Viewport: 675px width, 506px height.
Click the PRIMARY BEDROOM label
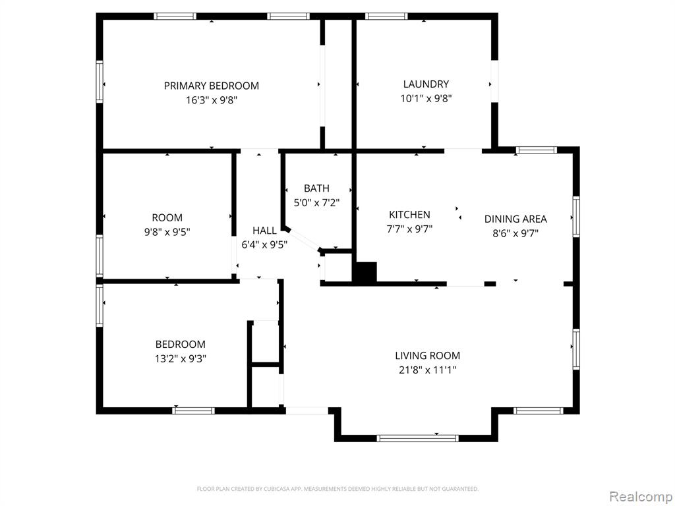click(x=212, y=86)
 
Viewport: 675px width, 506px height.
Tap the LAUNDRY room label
click(x=426, y=84)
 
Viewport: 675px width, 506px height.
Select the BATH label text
click(x=316, y=188)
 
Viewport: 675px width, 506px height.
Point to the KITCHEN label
click(x=409, y=214)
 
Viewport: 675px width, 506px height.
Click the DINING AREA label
click(x=515, y=219)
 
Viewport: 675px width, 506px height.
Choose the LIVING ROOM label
click(x=427, y=355)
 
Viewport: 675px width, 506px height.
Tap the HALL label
click(x=264, y=230)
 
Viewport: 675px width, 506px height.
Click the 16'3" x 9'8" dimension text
click(x=212, y=100)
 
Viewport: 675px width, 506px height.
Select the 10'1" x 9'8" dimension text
click(x=426, y=99)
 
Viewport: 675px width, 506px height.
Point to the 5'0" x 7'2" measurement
click(x=316, y=203)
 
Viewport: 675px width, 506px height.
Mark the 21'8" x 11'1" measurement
click(x=427, y=370)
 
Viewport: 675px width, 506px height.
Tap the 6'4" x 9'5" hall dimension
click(x=264, y=245)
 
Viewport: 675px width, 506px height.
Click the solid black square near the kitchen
click(x=365, y=272)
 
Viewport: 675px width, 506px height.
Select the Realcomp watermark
click(x=640, y=496)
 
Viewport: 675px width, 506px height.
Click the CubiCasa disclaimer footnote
click(x=337, y=489)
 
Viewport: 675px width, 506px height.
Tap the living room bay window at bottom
click(x=417, y=438)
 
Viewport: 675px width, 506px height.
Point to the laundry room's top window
click(x=386, y=16)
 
